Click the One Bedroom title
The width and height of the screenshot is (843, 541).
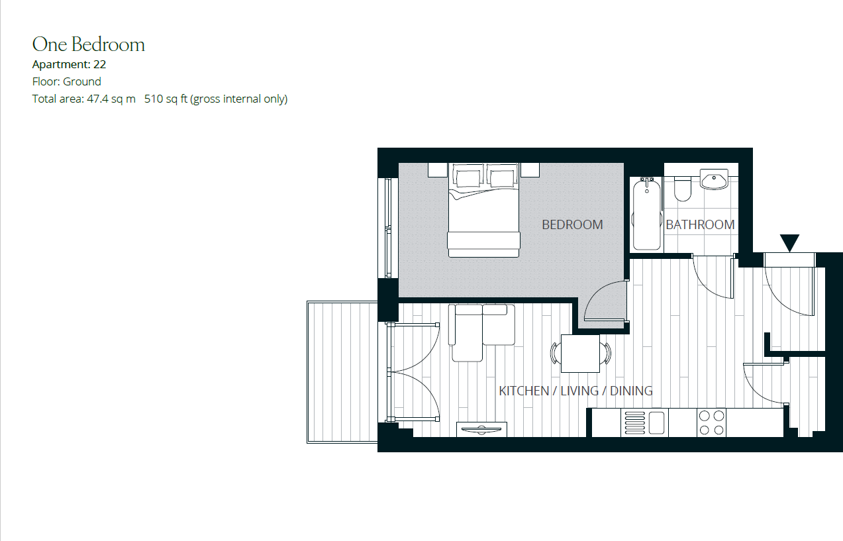(x=89, y=44)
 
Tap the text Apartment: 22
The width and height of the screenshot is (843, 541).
(x=69, y=65)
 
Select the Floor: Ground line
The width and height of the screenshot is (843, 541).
(x=67, y=81)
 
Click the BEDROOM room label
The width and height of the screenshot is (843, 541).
(x=572, y=224)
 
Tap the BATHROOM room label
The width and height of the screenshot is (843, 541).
(x=700, y=224)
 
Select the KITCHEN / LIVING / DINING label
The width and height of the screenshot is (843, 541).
(x=575, y=391)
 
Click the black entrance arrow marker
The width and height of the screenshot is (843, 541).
(x=789, y=242)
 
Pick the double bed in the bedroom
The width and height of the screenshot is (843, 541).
(x=482, y=211)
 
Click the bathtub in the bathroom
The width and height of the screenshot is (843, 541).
(x=646, y=213)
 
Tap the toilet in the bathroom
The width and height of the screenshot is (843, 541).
(x=682, y=189)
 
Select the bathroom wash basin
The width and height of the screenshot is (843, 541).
(x=714, y=179)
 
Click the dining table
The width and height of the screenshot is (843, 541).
(x=580, y=354)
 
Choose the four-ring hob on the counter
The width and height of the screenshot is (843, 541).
(x=711, y=422)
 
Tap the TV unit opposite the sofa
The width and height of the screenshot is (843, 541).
(x=481, y=429)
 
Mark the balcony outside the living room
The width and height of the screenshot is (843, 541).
(x=342, y=371)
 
